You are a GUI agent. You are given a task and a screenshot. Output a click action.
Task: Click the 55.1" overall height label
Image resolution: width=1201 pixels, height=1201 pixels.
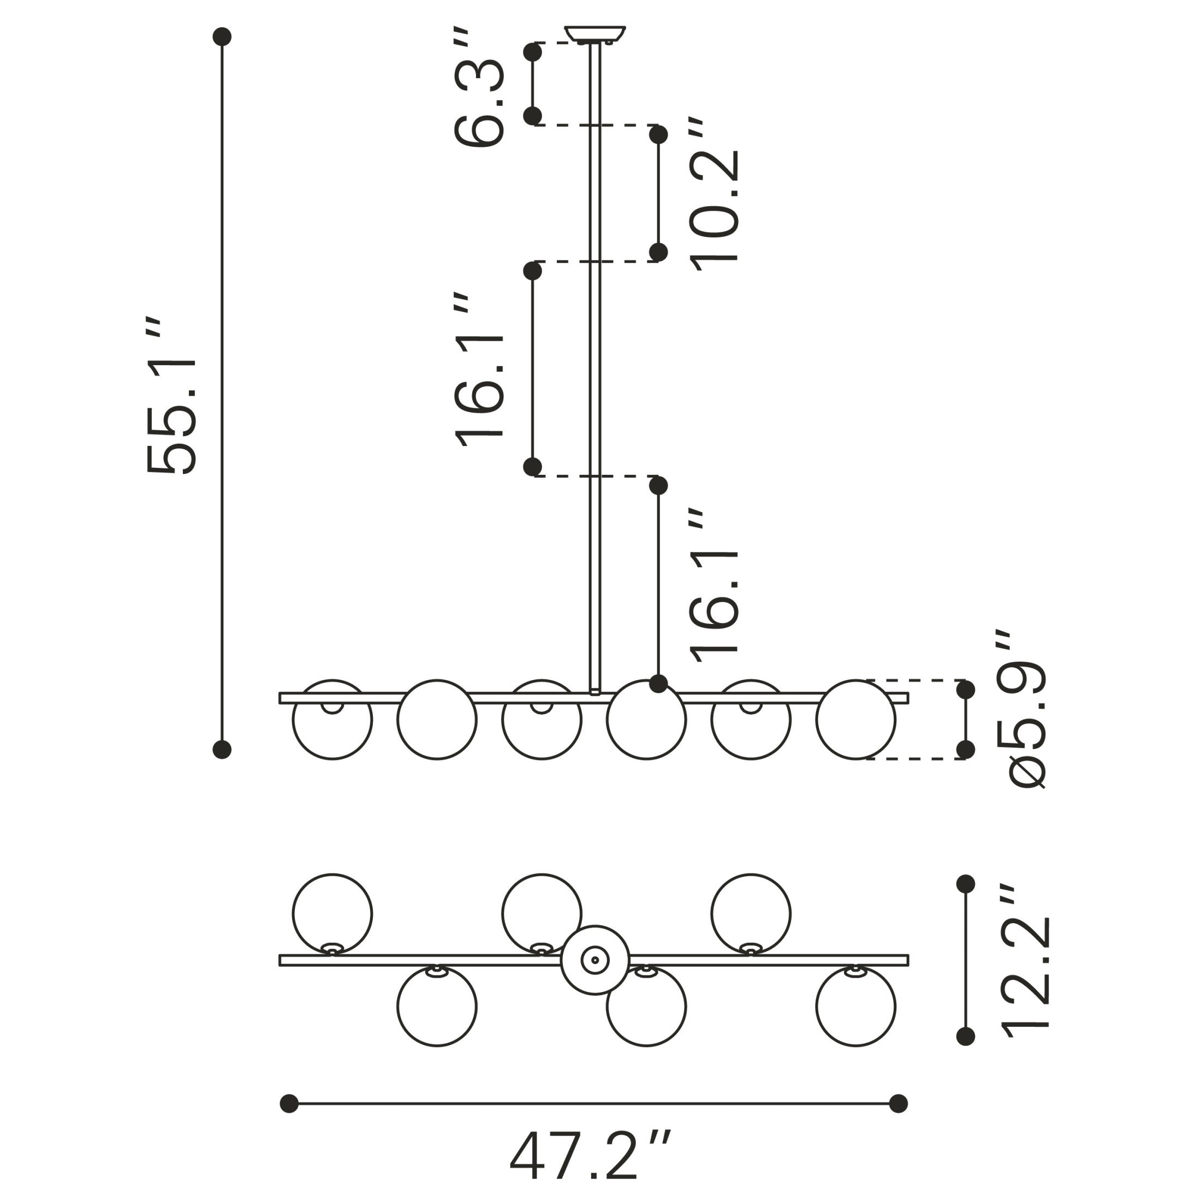point(171,396)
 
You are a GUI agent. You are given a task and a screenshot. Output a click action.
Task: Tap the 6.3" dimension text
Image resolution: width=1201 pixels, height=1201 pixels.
point(478,87)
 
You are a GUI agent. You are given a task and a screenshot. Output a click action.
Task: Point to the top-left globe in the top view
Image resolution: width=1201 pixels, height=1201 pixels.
point(332,914)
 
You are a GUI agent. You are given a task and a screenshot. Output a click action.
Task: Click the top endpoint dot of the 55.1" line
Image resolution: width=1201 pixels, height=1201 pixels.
point(222,37)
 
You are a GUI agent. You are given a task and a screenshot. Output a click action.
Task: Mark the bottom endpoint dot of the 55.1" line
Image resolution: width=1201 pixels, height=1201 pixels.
point(222,750)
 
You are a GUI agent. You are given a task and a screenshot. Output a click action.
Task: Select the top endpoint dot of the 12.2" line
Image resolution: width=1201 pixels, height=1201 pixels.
point(965,883)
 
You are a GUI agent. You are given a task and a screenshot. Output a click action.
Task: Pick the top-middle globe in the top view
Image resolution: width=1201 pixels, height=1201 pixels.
point(542,914)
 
